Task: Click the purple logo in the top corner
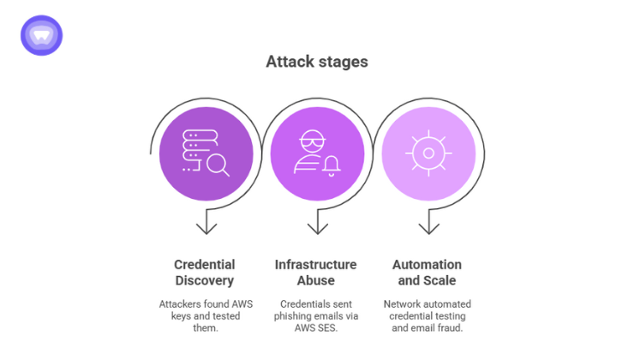41,35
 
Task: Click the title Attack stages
316,62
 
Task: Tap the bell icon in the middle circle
331,165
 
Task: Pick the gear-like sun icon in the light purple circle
428,153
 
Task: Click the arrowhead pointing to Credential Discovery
206,227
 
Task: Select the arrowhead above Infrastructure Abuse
317,227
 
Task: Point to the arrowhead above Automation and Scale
428,227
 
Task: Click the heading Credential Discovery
205,273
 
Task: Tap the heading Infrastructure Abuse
315,273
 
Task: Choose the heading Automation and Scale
427,273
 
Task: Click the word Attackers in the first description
182,304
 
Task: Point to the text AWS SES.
316,328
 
